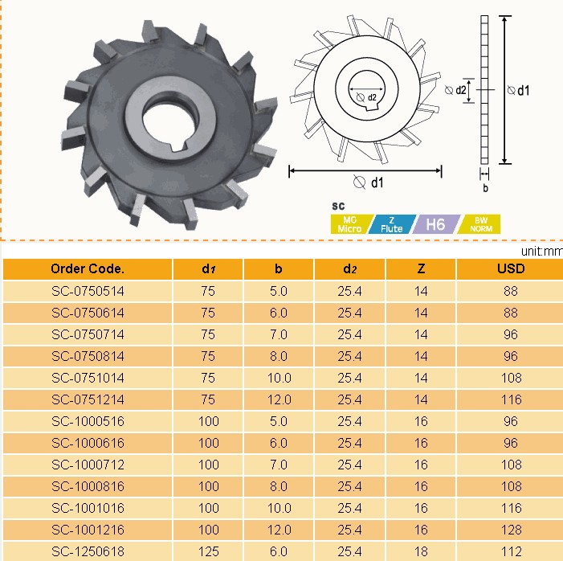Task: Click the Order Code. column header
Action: (x=88, y=268)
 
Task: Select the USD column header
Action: (x=511, y=268)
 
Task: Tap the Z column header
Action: (x=421, y=268)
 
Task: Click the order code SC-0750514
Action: (x=88, y=291)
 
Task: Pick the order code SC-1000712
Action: (x=88, y=465)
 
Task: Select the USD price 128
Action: (x=511, y=530)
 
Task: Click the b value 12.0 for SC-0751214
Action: (x=279, y=399)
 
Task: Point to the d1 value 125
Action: (x=209, y=551)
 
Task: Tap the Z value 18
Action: (x=421, y=551)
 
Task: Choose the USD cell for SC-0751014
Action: (x=511, y=378)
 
